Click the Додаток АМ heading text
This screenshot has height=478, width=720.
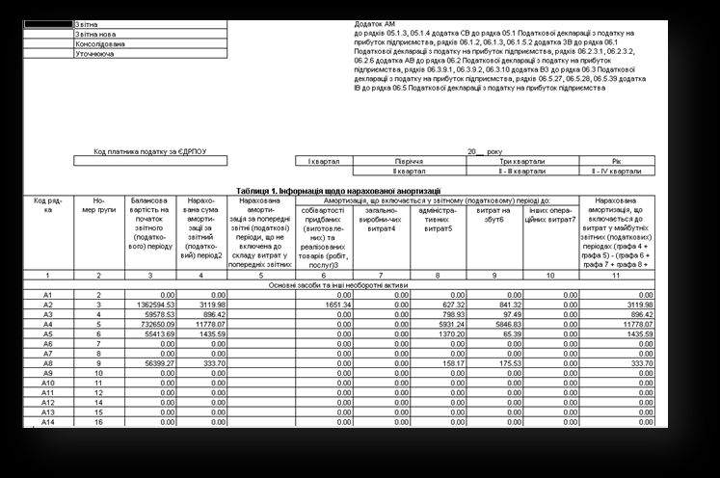376,22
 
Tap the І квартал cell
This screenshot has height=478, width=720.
325,161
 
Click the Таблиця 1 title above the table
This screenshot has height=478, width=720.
337,190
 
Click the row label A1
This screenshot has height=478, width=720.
47,294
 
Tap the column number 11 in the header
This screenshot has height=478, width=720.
615,276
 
